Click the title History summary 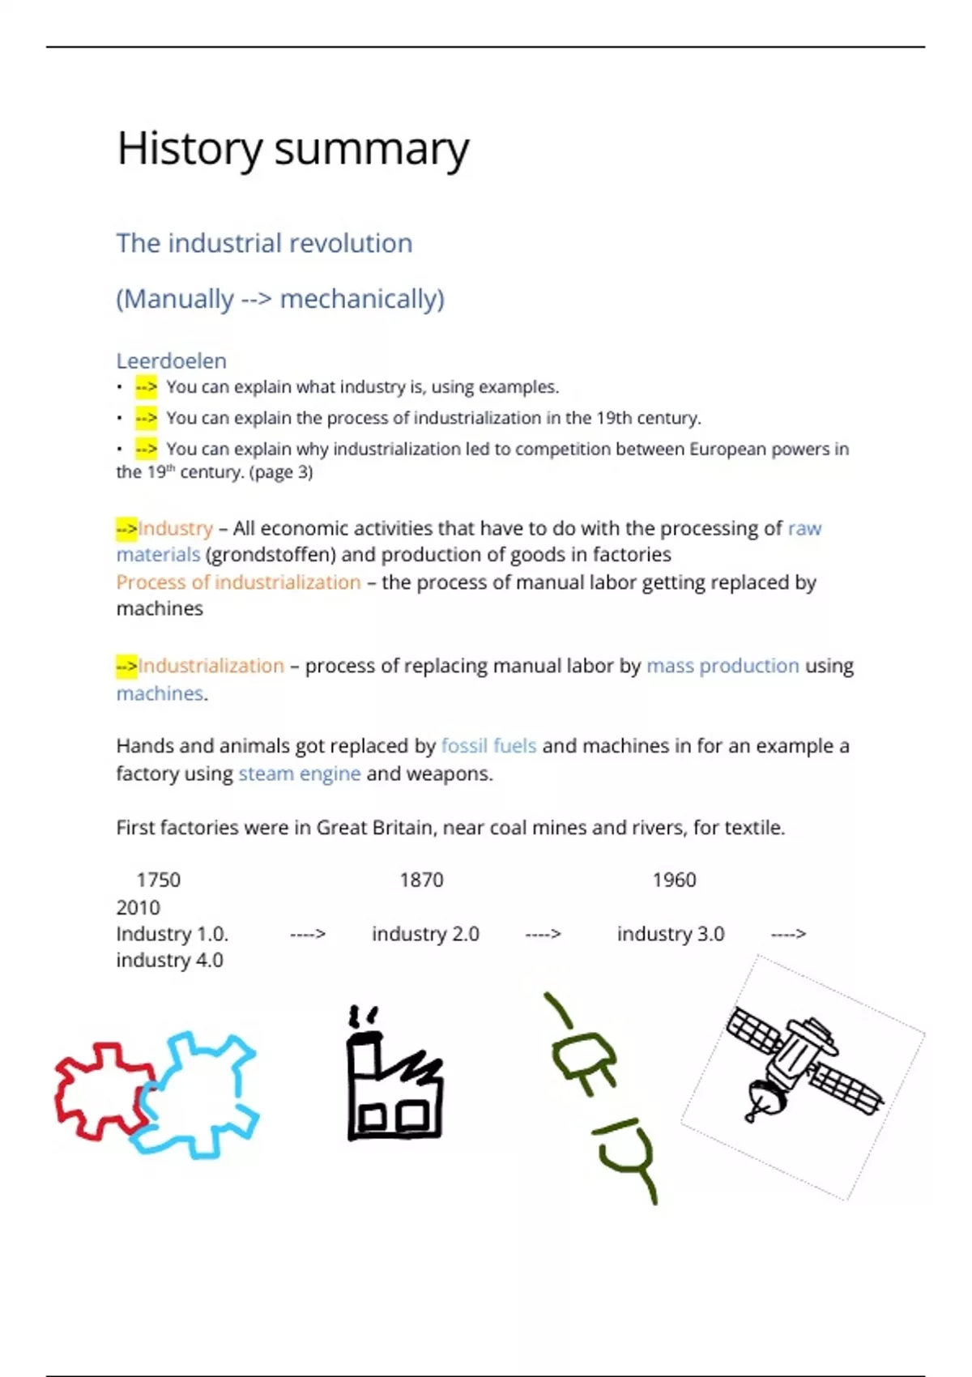click(x=292, y=149)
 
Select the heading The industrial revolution click(x=264, y=243)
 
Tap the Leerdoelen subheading click(x=171, y=360)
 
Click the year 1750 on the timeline click(x=158, y=880)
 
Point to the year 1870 click(x=421, y=880)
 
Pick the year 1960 click(x=674, y=880)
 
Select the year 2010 click(x=138, y=907)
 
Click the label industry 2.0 click(x=425, y=934)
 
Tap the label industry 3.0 click(x=671, y=934)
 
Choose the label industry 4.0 click(x=169, y=960)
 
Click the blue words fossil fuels click(x=488, y=745)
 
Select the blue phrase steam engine click(x=299, y=774)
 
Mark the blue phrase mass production click(x=723, y=666)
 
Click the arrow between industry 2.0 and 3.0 click(x=543, y=934)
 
